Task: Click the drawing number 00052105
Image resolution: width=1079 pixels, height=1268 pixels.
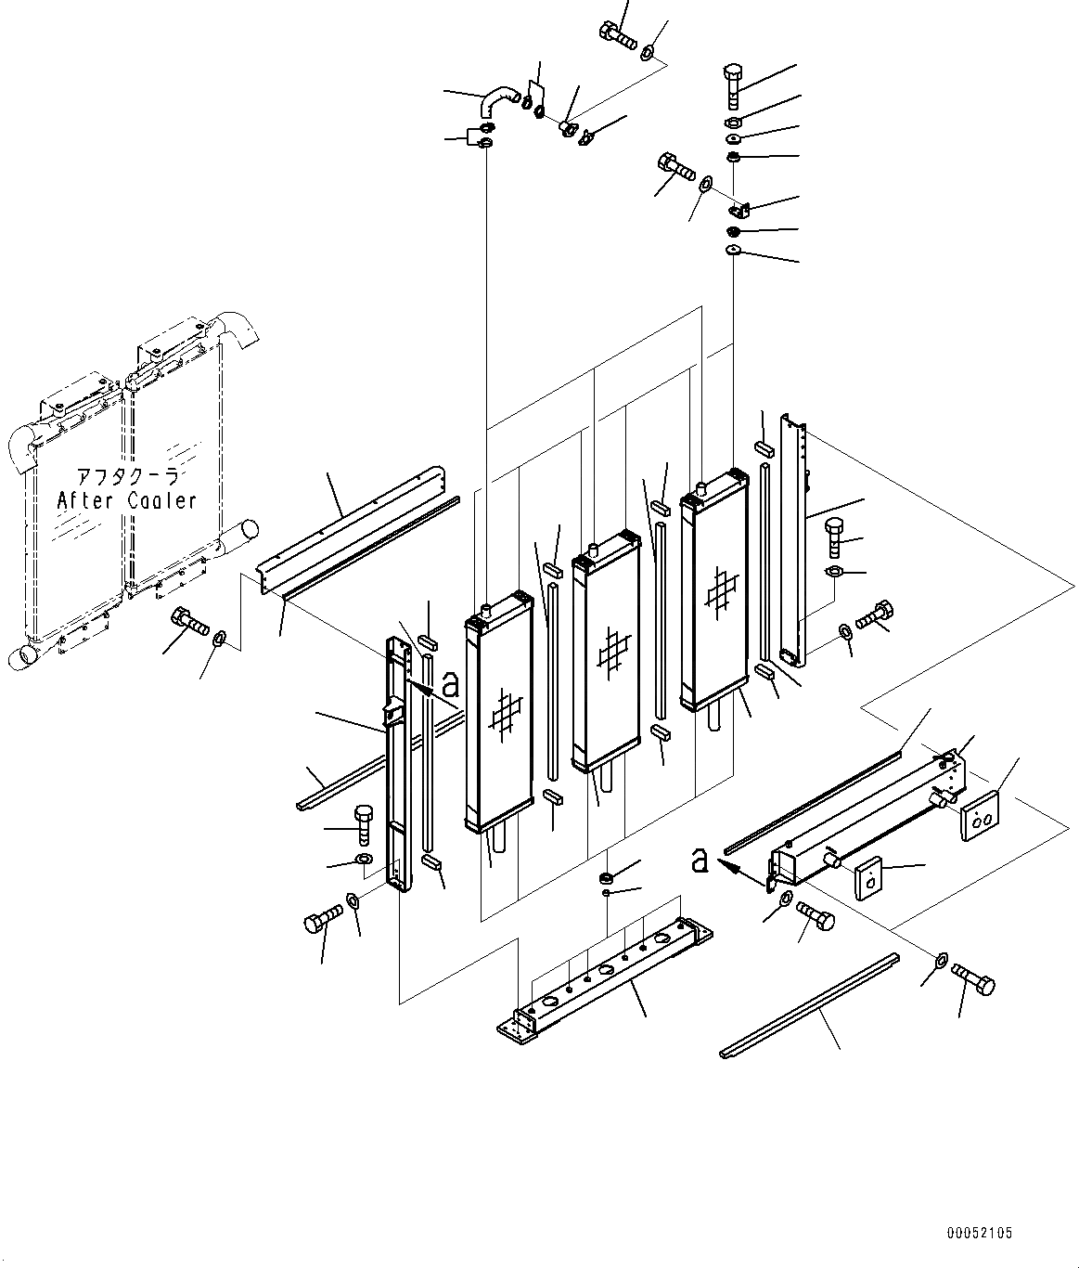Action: coord(980,1234)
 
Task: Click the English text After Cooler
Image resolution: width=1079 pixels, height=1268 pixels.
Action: coord(127,501)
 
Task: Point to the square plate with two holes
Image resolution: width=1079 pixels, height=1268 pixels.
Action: coord(980,816)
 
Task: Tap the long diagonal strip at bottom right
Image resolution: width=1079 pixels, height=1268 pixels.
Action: coord(809,1004)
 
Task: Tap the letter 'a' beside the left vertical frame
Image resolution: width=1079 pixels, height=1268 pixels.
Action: coord(451,685)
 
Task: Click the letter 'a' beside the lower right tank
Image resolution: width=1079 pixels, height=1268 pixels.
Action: coord(700,861)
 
